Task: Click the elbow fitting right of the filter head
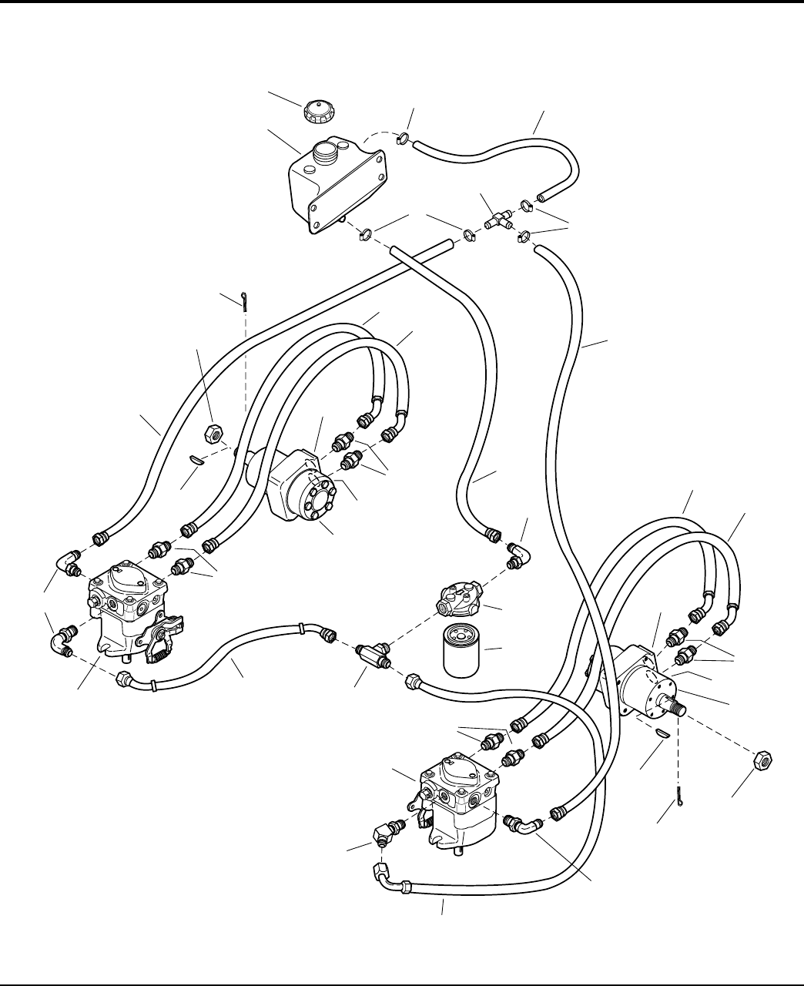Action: click(x=518, y=554)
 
